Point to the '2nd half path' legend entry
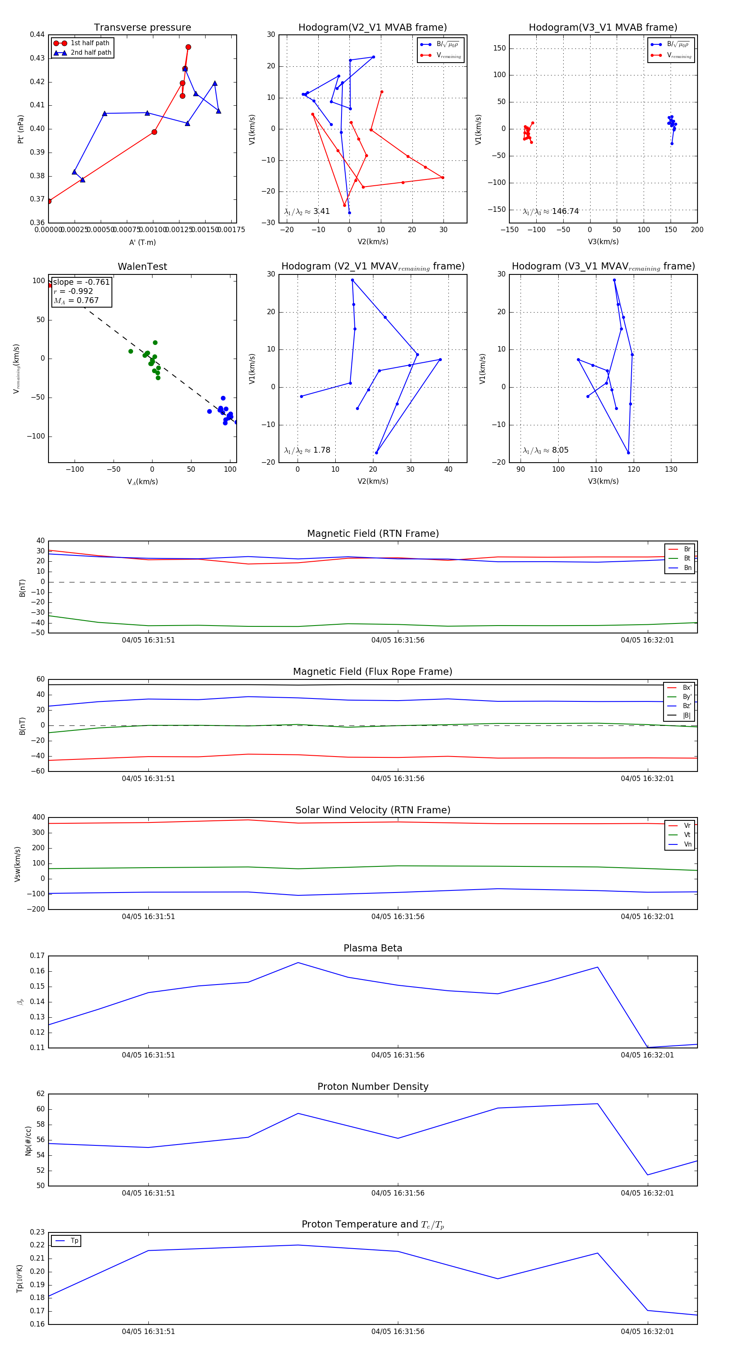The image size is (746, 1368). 91,53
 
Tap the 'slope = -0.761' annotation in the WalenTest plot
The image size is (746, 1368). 81,282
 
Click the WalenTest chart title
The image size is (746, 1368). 142,267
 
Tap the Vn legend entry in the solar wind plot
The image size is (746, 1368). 687,844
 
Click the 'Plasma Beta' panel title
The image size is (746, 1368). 373,948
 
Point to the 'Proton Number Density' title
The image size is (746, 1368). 373,1087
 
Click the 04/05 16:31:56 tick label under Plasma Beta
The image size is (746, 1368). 398,1055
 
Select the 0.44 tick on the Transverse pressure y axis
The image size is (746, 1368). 37,34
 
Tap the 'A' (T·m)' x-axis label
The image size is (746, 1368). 142,242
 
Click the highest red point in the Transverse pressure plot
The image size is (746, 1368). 188,47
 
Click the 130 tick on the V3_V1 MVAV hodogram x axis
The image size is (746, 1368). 671,469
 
